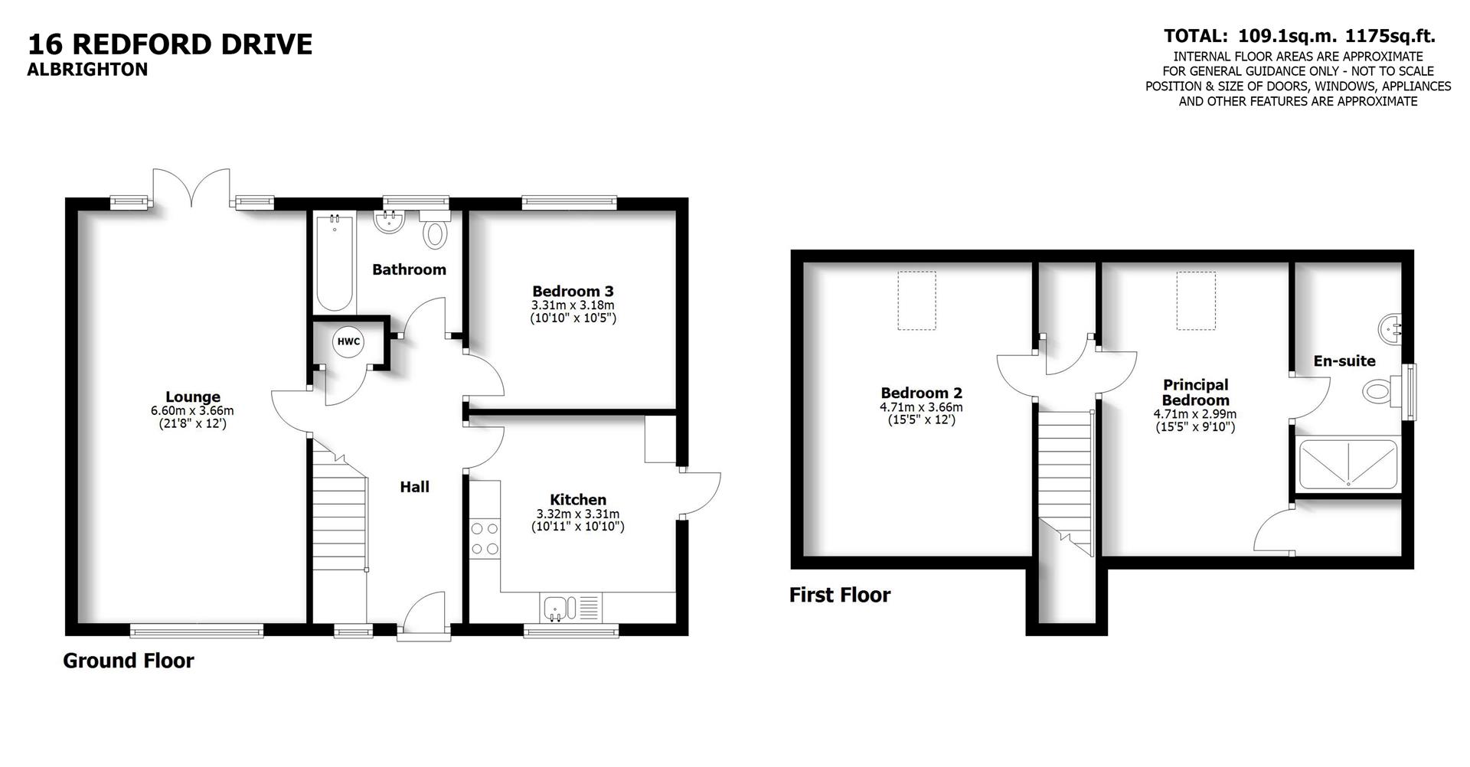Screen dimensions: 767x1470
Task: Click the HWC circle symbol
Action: coord(348,341)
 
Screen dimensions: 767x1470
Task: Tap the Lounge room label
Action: coord(192,397)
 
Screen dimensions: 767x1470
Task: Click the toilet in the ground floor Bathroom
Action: coord(435,233)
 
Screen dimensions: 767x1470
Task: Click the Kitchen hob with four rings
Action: coord(484,538)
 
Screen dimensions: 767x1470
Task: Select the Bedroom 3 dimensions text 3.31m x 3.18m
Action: coord(573,305)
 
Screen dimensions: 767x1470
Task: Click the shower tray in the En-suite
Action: coord(1347,463)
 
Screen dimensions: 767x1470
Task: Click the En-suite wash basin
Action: coord(1390,330)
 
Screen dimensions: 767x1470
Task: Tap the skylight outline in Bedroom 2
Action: coord(916,301)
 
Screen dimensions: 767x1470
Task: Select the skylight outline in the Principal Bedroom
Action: coord(1195,301)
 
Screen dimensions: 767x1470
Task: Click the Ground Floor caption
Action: coord(129,661)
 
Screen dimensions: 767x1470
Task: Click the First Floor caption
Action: coord(840,595)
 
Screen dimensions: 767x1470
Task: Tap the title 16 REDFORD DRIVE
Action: coord(170,44)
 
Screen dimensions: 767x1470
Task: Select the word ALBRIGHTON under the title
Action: coord(87,70)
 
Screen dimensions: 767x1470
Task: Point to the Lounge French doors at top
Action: coord(191,188)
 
